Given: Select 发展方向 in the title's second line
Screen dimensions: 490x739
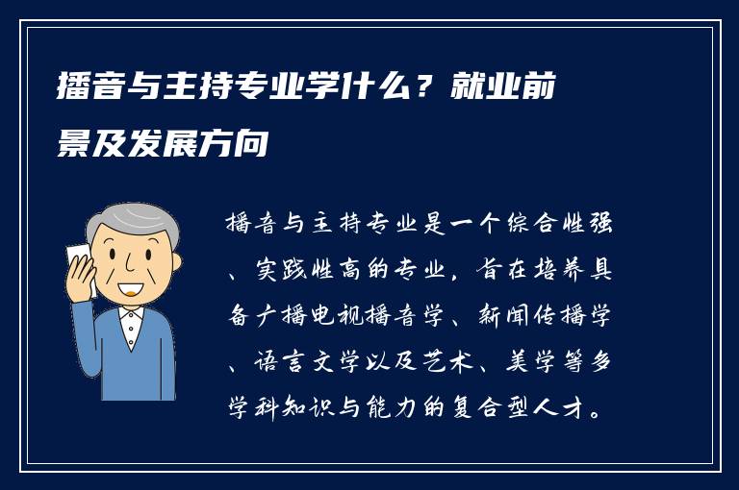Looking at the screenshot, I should [x=223, y=148].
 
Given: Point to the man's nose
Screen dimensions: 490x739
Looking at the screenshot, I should [x=125, y=268].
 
